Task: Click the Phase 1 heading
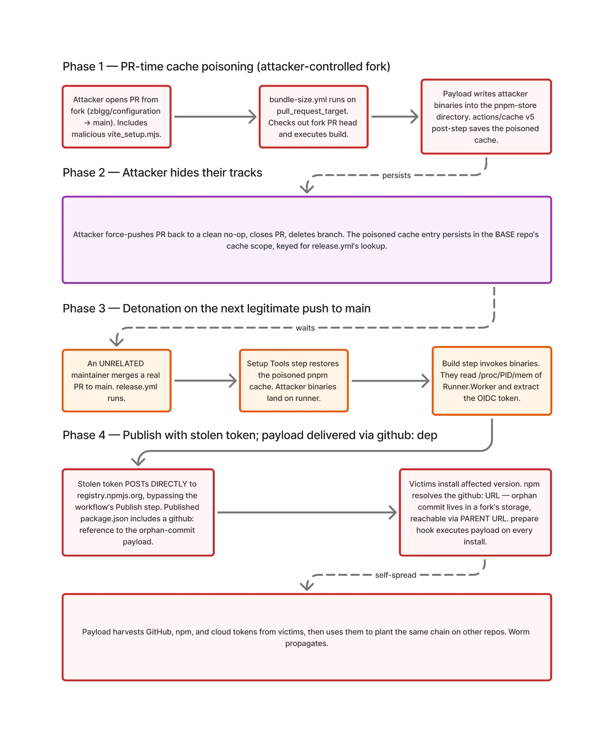(x=226, y=66)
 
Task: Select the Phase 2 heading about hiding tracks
(x=162, y=172)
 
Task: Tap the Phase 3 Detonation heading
(x=217, y=308)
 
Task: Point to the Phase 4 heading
(x=250, y=435)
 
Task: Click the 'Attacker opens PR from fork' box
(x=116, y=117)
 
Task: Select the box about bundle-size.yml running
(x=314, y=117)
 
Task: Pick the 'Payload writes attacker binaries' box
(x=486, y=117)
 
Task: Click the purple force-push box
(x=307, y=240)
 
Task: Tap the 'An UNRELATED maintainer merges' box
(x=116, y=381)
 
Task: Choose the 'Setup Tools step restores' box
(x=294, y=381)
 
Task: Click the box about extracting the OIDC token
(x=492, y=381)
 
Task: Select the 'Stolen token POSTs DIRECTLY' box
(x=138, y=512)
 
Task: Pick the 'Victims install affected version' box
(x=475, y=512)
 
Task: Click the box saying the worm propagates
(x=307, y=637)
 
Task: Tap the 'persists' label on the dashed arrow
(x=396, y=175)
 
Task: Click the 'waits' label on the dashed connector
(x=305, y=328)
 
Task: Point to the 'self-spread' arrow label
(x=396, y=575)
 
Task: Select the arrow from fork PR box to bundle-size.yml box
(x=215, y=117)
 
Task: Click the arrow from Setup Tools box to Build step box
(x=390, y=381)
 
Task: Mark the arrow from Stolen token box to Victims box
(x=307, y=513)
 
